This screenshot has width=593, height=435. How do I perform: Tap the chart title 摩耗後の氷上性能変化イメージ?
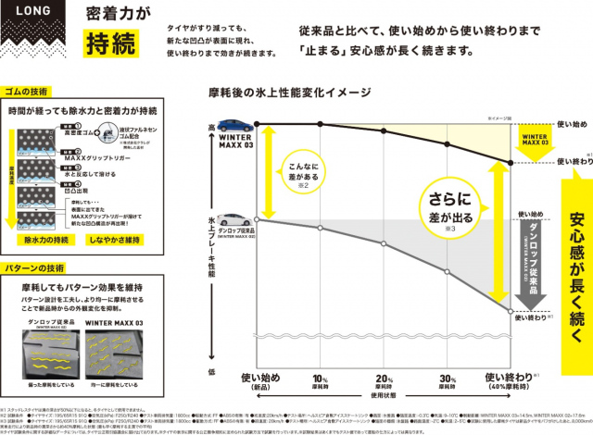[291, 94]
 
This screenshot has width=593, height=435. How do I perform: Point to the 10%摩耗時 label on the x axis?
[320, 380]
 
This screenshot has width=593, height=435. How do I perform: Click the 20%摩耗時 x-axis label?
[383, 380]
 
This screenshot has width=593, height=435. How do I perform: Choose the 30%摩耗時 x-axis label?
[446, 380]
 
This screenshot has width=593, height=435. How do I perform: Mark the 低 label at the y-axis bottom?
[211, 371]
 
